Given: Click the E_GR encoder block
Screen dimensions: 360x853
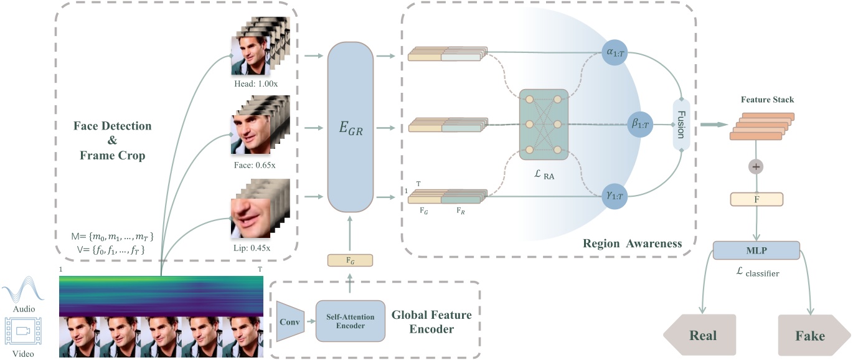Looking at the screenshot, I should (x=351, y=128).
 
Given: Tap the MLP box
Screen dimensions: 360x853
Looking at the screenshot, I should (x=756, y=250).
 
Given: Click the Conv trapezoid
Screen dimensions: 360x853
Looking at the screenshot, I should (x=288, y=321).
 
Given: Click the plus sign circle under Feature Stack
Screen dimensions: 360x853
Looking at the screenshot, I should (x=757, y=168).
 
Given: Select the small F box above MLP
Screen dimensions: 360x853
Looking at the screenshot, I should (x=757, y=200).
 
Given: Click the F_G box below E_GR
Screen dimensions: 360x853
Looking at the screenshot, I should (x=350, y=261).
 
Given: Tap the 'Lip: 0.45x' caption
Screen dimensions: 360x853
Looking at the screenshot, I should (x=255, y=247).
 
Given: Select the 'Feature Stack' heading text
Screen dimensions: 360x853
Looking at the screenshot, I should (x=767, y=100).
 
